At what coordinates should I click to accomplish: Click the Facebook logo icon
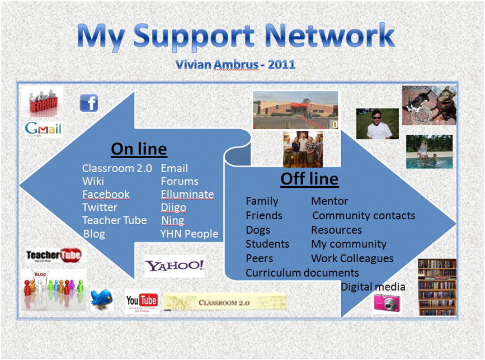pos(89,103)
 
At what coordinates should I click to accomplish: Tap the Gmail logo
pos(43,129)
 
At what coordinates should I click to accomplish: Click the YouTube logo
pos(142,301)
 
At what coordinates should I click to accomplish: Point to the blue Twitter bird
pos(102,300)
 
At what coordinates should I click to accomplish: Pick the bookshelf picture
pos(437,287)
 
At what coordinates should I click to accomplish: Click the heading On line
pos(139,149)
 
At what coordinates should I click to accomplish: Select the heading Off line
pos(309,179)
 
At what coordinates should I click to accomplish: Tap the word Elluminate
pos(187,195)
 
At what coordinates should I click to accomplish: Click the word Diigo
pos(173,207)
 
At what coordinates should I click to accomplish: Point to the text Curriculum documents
pos(302,273)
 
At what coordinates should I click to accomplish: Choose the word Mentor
pos(329,201)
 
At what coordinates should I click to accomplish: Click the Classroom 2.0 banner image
pos(224,303)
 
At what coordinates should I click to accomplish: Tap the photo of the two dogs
pos(430,105)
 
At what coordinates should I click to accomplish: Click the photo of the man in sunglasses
pos(378,124)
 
